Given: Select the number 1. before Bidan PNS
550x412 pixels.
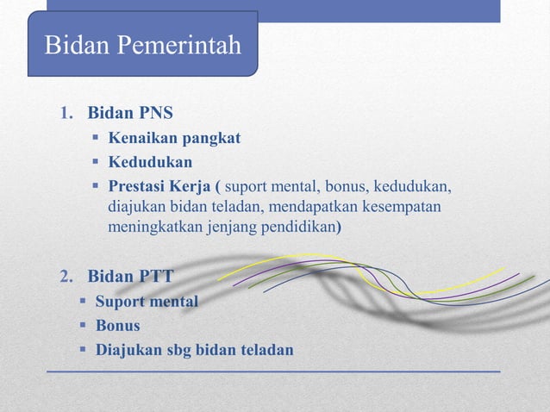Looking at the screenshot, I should pyautogui.click(x=66, y=114).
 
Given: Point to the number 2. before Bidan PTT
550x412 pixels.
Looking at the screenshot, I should pyautogui.click(x=66, y=277).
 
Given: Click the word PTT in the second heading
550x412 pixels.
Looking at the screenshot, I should pyautogui.click(x=155, y=277).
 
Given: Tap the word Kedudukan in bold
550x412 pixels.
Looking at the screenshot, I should pyautogui.click(x=150, y=162).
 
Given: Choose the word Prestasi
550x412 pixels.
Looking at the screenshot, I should pyautogui.click(x=135, y=186).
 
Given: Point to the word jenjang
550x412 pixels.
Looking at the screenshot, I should pyautogui.click(x=231, y=228).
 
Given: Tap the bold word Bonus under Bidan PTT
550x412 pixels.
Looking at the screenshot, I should pyautogui.click(x=117, y=326).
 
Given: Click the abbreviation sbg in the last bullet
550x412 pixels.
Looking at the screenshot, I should pyautogui.click(x=181, y=350).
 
